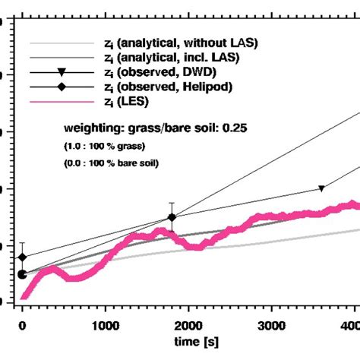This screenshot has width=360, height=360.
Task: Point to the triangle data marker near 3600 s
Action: pyautogui.click(x=321, y=188)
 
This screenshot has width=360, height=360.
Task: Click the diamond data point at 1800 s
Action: pyautogui.click(x=172, y=218)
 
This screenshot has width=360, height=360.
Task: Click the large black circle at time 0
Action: pyautogui.click(x=22, y=274)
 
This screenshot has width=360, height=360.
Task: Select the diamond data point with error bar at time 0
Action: pyautogui.click(x=22, y=257)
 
